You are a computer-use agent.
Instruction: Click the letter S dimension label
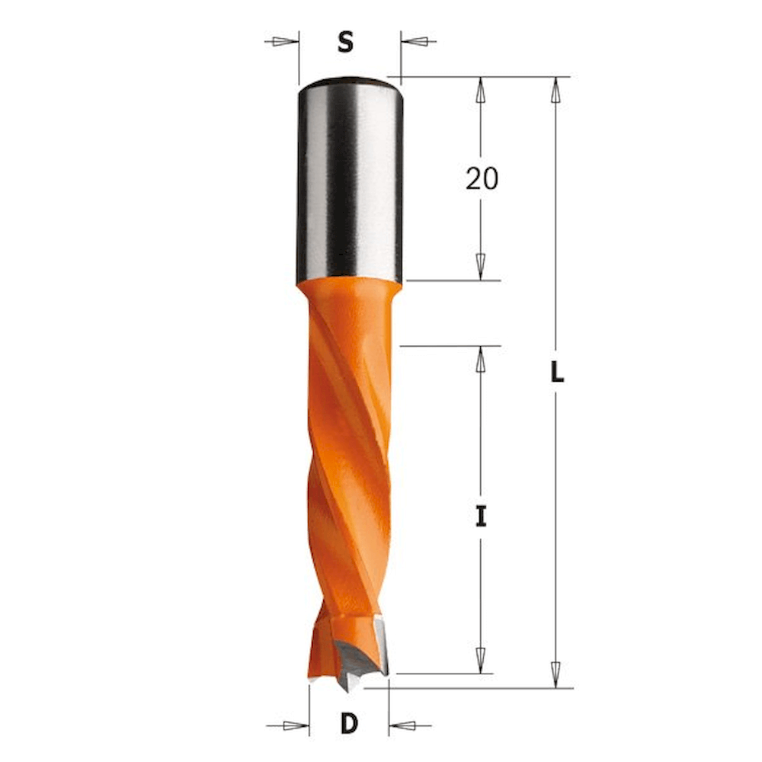345,42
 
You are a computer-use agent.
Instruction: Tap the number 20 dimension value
482,178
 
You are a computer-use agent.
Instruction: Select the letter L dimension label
557,373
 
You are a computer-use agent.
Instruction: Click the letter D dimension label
349,724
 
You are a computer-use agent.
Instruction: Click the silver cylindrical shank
350,181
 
